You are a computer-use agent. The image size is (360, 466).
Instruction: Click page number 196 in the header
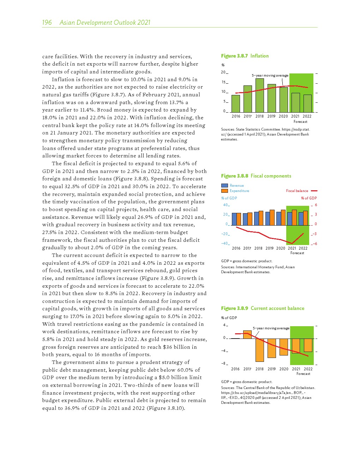(47, 23)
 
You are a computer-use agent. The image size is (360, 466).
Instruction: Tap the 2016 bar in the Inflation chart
(236, 103)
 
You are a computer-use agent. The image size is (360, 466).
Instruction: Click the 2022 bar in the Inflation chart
(307, 103)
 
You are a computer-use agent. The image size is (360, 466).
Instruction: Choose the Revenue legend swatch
(224, 185)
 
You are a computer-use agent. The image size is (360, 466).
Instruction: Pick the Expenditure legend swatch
(224, 191)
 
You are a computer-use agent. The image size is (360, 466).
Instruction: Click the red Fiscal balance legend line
(314, 191)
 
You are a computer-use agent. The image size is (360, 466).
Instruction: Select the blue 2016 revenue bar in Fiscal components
(234, 219)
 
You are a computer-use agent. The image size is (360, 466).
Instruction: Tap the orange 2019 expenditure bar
(272, 217)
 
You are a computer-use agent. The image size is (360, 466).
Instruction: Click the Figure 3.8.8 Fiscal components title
(256, 176)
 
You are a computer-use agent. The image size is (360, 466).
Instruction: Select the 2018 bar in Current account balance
(260, 350)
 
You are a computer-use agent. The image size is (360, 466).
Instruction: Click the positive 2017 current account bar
(247, 334)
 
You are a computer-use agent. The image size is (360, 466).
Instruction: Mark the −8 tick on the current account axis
(224, 364)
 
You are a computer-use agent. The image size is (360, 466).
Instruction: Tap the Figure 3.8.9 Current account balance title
(263, 308)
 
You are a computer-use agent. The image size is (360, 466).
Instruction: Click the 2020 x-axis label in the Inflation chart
(283, 116)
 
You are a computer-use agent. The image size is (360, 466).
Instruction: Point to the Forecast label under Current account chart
(303, 374)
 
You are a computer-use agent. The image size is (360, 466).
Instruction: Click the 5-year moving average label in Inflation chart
(270, 76)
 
